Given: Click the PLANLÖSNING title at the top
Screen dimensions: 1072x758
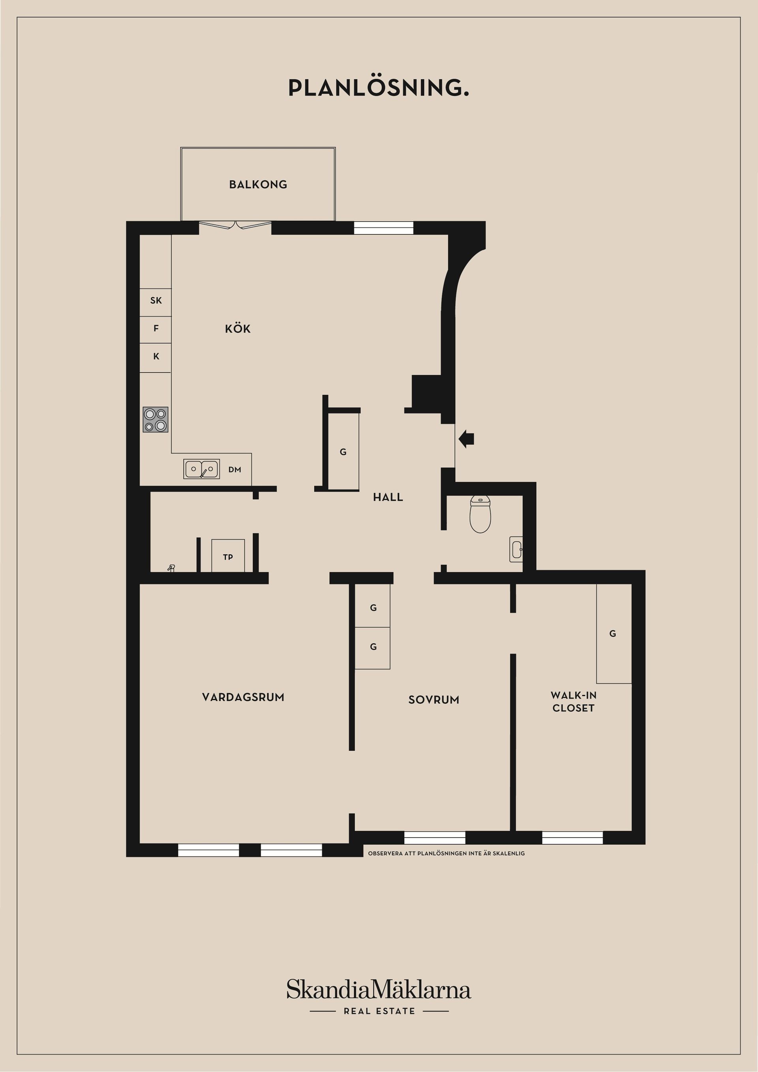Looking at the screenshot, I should [378, 88].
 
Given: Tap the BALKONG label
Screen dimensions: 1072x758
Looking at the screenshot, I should [258, 184].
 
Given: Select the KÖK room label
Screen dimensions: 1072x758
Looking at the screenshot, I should [238, 329].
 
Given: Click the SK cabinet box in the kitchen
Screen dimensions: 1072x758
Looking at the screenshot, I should [156, 301].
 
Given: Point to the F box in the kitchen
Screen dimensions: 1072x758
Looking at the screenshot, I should [156, 329].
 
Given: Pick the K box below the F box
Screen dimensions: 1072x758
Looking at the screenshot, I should [156, 357].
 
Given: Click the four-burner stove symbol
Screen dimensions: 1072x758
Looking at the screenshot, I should [156, 419].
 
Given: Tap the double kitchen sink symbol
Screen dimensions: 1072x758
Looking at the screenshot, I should [201, 469].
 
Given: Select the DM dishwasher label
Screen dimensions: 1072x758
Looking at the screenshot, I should [235, 470].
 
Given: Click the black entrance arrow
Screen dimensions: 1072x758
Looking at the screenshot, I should [466, 439].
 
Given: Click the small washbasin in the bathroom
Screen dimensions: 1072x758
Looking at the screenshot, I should [516, 549].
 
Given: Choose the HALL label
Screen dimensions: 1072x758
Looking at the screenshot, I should [388, 497].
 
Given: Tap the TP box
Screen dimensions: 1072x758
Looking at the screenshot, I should [228, 556].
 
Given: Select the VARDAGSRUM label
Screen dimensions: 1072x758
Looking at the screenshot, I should [243, 697].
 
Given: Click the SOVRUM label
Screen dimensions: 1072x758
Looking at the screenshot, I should [433, 699].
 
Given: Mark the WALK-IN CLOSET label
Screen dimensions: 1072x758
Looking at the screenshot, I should [573, 701].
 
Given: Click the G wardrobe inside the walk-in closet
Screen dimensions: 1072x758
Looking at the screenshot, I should [613, 633].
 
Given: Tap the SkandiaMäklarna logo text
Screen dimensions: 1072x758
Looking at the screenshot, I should [379, 990].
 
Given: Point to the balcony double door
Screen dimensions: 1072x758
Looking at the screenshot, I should [235, 225].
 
